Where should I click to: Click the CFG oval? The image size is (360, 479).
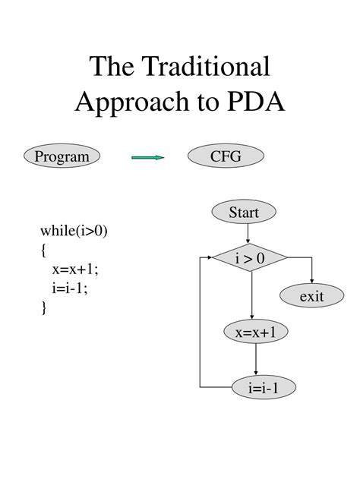pos(226,157)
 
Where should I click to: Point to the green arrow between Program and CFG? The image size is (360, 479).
pos(148,158)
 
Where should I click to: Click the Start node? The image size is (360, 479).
pos(244,213)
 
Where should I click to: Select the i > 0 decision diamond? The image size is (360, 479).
pos(249,259)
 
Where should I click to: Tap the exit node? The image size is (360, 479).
pos(311,296)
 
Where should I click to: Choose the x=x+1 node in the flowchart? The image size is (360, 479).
pos(256,332)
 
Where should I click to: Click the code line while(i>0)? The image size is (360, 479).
pos(74,231)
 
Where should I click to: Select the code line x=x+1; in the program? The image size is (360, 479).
pos(75,269)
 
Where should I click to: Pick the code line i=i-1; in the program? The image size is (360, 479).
pos(70,288)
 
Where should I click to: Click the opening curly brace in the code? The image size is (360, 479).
pos(45,251)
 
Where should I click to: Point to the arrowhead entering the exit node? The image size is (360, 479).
pos(311,281)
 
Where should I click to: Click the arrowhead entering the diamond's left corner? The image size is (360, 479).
pos(207,259)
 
